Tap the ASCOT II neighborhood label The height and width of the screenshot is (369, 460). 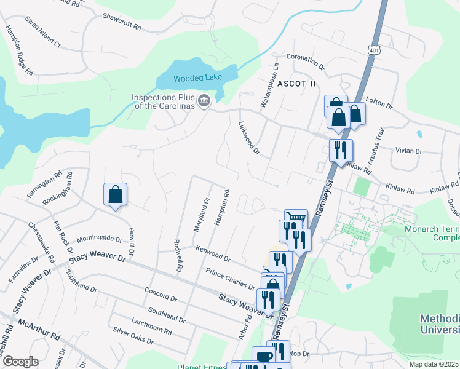(296, 83)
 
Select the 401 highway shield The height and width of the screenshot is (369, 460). (375, 49)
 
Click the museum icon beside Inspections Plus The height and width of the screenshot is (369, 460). (204, 100)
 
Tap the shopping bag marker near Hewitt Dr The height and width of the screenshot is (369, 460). (115, 195)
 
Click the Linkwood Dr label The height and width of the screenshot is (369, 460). (249, 137)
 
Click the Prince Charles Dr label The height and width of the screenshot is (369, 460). (231, 278)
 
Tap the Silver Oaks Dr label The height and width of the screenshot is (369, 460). (133, 335)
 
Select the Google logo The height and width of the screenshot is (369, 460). (20, 362)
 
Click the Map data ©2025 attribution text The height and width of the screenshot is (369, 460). (434, 364)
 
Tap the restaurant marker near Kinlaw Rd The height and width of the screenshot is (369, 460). (340, 149)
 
